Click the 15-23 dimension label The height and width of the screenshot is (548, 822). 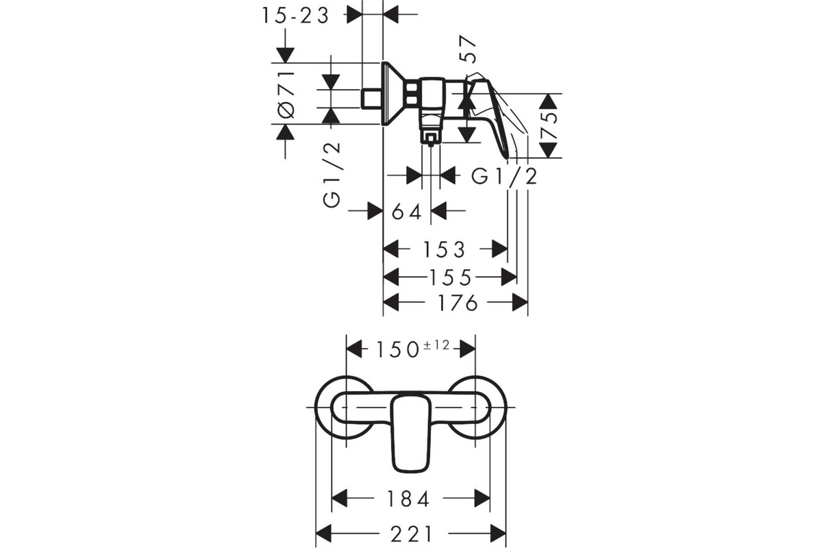(x=296, y=16)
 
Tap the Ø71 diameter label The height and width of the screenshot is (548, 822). (x=287, y=95)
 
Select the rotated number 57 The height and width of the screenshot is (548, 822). (x=468, y=49)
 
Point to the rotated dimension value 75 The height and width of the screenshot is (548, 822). (x=549, y=125)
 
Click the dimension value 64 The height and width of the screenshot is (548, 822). (x=407, y=212)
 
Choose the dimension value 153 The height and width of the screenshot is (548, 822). (x=445, y=249)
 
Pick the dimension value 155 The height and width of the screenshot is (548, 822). (x=450, y=277)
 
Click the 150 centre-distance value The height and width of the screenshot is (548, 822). (x=398, y=349)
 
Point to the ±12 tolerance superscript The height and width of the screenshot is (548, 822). (x=436, y=345)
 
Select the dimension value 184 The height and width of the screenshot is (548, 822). (x=408, y=499)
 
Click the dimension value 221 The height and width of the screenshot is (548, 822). (x=412, y=534)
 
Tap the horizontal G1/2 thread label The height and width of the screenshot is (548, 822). (x=504, y=177)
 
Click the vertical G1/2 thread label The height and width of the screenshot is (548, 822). (x=332, y=175)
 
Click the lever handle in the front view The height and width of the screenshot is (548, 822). (x=411, y=434)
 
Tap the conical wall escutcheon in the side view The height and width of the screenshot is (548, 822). (x=393, y=94)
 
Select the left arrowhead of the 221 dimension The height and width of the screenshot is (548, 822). (x=323, y=534)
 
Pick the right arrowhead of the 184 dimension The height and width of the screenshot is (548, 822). (x=482, y=499)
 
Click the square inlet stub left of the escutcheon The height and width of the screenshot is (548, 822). (x=372, y=99)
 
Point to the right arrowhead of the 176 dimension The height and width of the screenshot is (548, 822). (x=520, y=303)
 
